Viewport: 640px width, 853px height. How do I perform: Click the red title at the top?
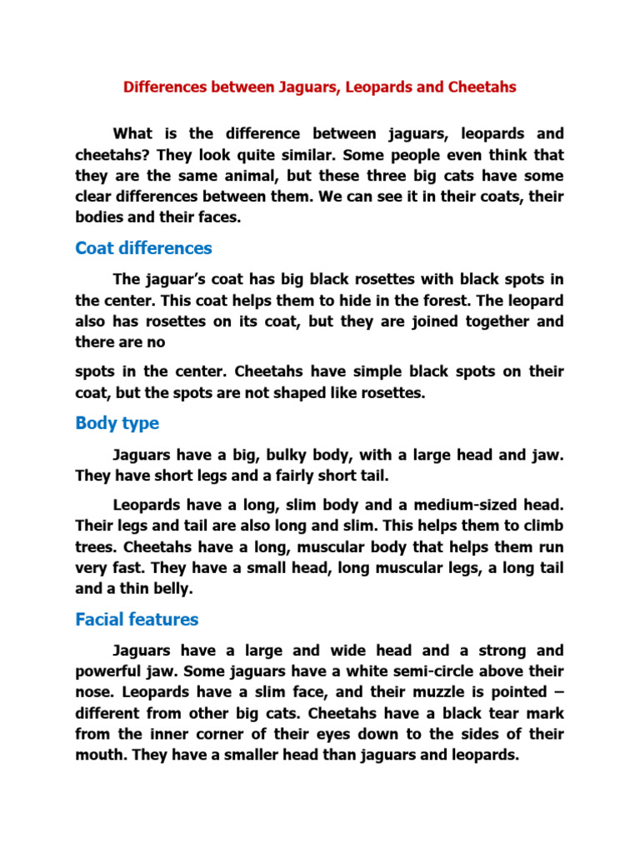(320, 87)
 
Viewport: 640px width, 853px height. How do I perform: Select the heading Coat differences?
(143, 248)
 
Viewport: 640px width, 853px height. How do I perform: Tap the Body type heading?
(117, 423)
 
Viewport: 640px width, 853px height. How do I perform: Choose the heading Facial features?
(137, 619)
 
